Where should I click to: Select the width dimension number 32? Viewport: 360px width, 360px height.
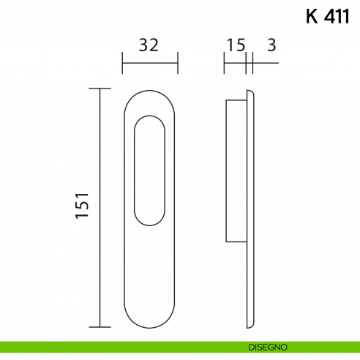[x=149, y=45]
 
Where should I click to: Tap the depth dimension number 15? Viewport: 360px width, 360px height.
[x=235, y=45]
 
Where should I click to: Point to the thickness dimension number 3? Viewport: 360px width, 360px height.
[x=271, y=45]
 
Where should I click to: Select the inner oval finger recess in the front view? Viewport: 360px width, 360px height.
[x=150, y=168]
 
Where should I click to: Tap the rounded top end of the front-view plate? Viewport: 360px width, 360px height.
[x=150, y=93]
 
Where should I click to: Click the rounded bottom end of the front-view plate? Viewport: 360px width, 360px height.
[x=150, y=323]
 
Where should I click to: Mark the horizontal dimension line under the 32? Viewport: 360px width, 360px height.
[x=150, y=63]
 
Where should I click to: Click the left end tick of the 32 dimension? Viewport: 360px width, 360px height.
[x=122, y=63]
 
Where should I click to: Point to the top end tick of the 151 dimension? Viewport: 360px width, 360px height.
[x=100, y=89]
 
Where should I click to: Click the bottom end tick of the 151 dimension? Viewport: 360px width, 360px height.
[x=100, y=327]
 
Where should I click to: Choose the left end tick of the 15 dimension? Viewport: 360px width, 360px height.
[x=224, y=63]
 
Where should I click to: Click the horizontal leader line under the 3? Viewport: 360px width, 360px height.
[x=265, y=63]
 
